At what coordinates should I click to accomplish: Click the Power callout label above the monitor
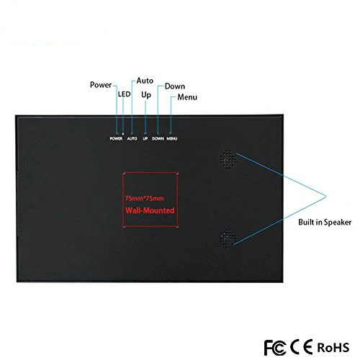pos(101,85)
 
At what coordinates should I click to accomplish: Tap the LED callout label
pos(124,94)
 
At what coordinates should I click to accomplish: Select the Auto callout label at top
pos(145,81)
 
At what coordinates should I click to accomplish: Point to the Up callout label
pos(146,95)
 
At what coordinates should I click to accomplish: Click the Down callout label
pos(175,86)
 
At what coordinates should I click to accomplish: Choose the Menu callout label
pos(187,97)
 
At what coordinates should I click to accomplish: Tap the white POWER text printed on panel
pos(116,138)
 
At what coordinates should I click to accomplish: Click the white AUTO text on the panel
pos(132,138)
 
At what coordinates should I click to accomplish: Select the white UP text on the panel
pos(145,138)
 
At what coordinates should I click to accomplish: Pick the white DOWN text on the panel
pos(158,138)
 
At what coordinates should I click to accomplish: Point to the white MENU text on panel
pos(172,138)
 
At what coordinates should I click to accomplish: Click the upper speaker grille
pos(228,159)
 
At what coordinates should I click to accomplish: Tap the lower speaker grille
pos(229,238)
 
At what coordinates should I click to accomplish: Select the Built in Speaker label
pos(325,222)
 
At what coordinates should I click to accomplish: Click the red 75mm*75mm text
pos(144,199)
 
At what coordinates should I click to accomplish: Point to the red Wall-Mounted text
pos(150,210)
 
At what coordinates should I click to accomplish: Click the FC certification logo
pos(275,347)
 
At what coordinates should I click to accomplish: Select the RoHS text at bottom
pos(333,347)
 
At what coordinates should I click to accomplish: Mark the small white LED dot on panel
pos(123,134)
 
